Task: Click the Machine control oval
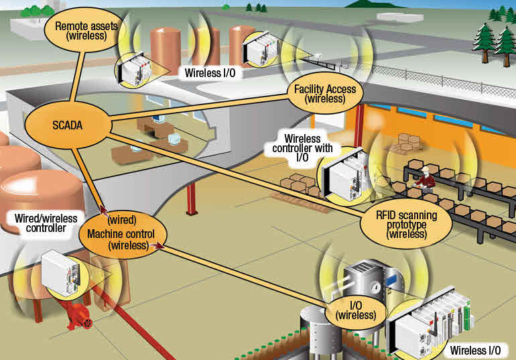coord(121,239)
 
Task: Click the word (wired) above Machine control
coord(122,219)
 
